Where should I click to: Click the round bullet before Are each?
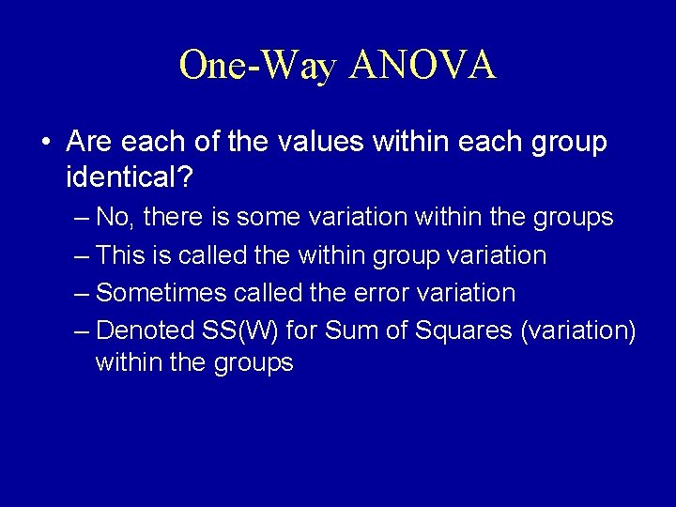[46, 144]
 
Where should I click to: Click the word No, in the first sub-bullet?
[114, 218]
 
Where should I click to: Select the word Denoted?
[145, 330]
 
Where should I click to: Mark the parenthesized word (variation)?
[578, 330]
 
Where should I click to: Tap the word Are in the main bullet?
[88, 143]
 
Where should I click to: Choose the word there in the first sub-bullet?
[172, 218]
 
